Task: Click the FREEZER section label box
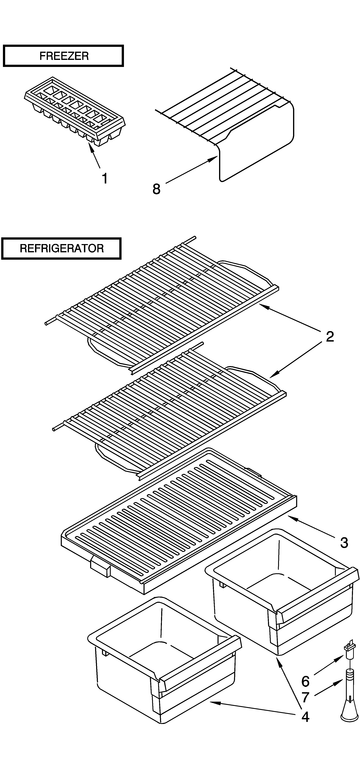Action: pos(63,56)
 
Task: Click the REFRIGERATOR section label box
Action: pos(61,248)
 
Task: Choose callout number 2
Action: pos(330,337)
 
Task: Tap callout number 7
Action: pos(305,698)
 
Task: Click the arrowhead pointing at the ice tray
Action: pos(91,146)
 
